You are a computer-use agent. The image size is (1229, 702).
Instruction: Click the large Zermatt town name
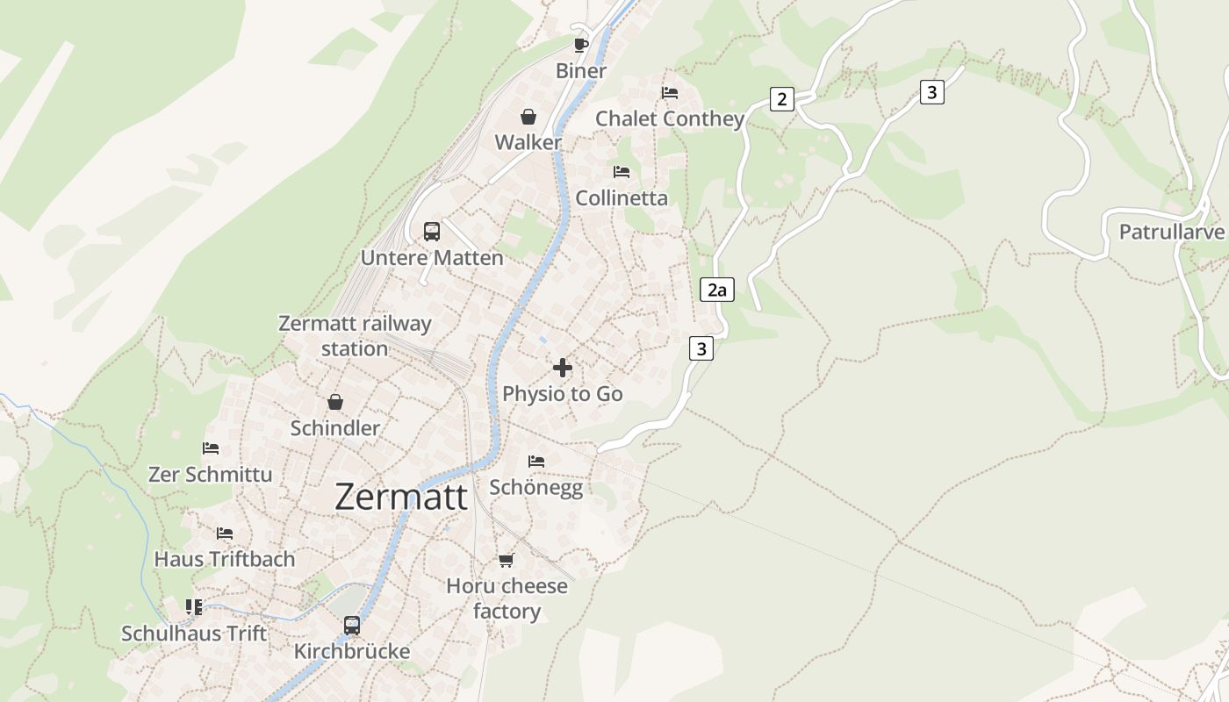pos(401,497)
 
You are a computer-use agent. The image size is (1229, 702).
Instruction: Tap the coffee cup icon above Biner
pos(580,45)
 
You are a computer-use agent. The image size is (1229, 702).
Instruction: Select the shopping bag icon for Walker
pos(528,117)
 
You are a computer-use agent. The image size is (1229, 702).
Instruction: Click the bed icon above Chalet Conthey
pos(670,92)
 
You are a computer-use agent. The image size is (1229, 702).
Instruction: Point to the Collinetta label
pos(622,198)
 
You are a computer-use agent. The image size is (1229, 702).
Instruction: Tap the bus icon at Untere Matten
pos(432,232)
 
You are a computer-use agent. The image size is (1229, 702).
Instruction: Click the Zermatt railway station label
pos(355,336)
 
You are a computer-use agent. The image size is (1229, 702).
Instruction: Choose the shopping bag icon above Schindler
pos(335,403)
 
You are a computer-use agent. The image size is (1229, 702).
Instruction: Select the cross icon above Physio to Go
pos(563,368)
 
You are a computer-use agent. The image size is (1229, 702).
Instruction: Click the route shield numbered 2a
pos(717,290)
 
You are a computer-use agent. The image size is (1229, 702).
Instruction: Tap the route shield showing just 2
pos(781,98)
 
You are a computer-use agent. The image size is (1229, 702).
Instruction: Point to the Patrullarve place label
pos(1171,232)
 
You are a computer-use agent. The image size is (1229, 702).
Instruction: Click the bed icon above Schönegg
pos(536,461)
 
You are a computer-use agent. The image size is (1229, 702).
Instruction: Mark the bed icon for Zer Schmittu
pos(211,448)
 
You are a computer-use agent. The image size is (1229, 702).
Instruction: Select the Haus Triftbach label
pos(225,559)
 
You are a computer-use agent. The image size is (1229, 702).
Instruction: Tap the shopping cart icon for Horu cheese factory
pos(506,560)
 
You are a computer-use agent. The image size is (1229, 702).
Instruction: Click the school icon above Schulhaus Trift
pos(194,607)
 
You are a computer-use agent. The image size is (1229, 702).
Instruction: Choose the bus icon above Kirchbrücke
pos(352,626)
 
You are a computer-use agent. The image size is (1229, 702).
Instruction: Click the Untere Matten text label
pos(432,258)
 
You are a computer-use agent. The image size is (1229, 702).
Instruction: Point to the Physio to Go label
pos(563,394)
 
